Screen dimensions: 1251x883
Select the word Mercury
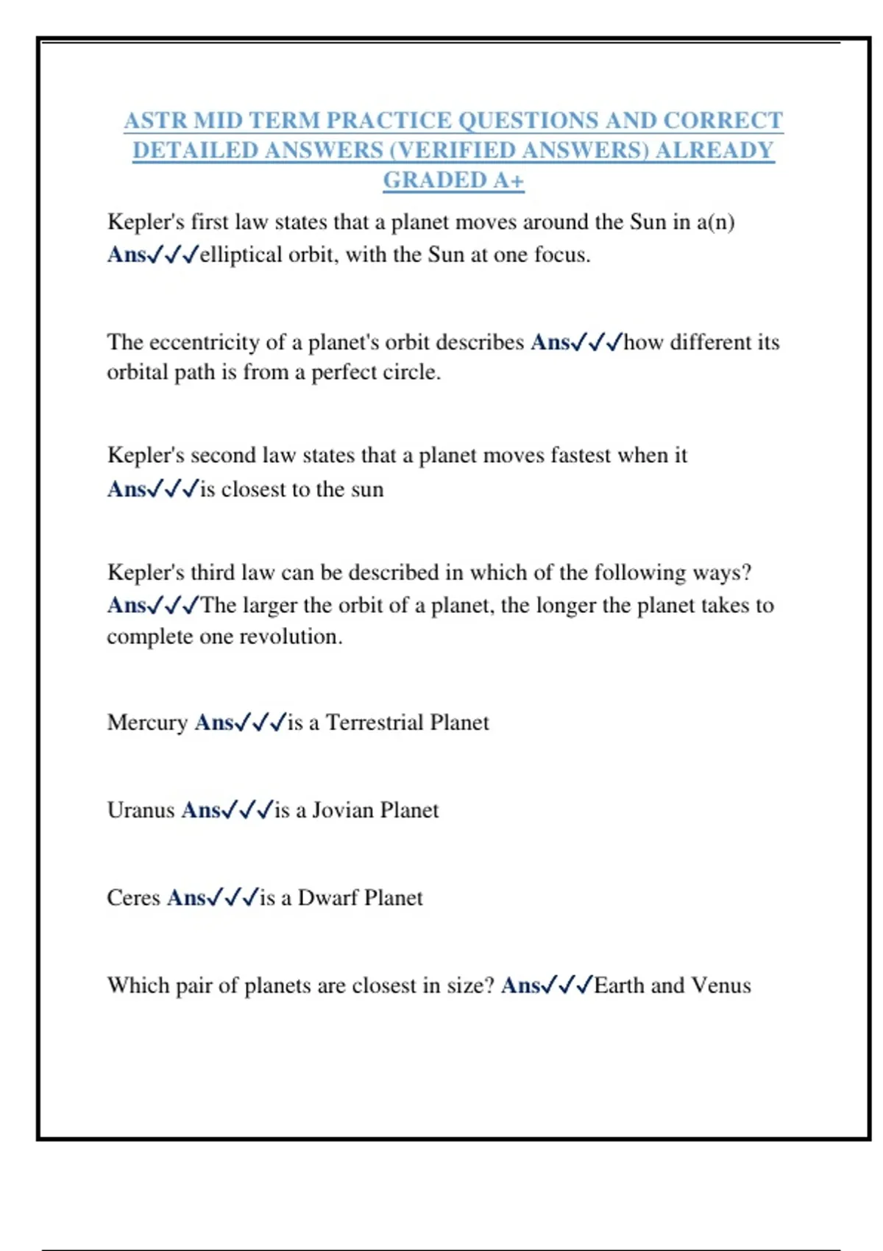click(147, 723)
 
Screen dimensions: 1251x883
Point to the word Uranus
click(141, 810)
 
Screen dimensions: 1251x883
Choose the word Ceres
click(133, 898)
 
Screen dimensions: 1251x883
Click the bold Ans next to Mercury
click(214, 723)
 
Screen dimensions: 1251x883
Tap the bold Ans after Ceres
click(186, 898)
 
